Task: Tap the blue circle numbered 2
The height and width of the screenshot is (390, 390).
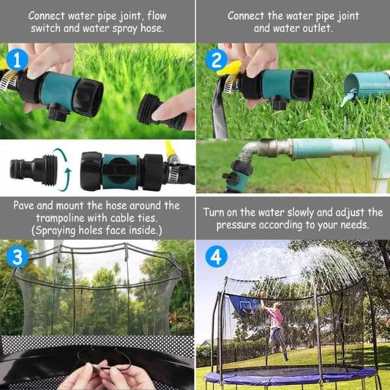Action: tap(215, 60)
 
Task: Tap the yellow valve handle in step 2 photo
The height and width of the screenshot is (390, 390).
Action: tap(230, 69)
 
